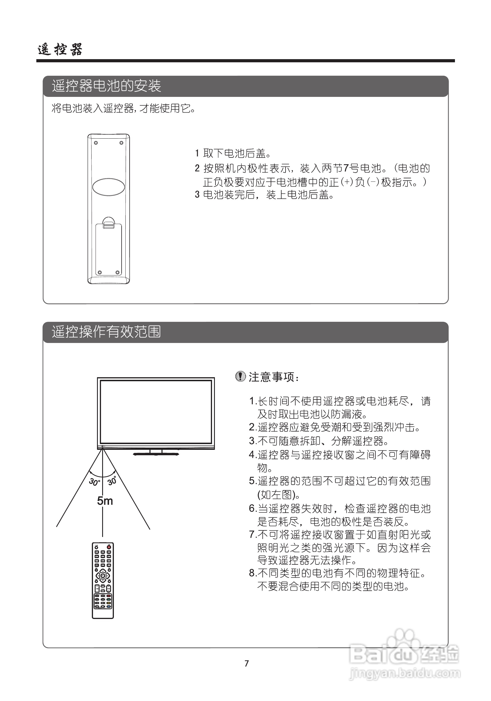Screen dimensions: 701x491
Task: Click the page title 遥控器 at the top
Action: click(60, 49)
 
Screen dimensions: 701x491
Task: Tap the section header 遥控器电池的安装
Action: click(106, 86)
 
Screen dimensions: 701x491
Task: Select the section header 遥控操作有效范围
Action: click(106, 331)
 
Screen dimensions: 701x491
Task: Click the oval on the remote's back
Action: click(108, 187)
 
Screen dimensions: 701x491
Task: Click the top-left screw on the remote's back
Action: click(96, 143)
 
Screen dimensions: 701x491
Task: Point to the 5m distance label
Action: click(105, 501)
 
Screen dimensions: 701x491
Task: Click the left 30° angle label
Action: click(94, 482)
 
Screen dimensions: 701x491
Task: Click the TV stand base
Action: click(156, 454)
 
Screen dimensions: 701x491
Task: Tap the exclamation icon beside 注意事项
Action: click(241, 376)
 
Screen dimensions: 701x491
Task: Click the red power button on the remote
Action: click(108, 547)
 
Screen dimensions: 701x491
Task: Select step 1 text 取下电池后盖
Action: click(237, 153)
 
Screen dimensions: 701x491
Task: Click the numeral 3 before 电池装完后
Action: click(197, 195)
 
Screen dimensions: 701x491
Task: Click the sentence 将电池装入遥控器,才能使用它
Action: click(124, 108)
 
